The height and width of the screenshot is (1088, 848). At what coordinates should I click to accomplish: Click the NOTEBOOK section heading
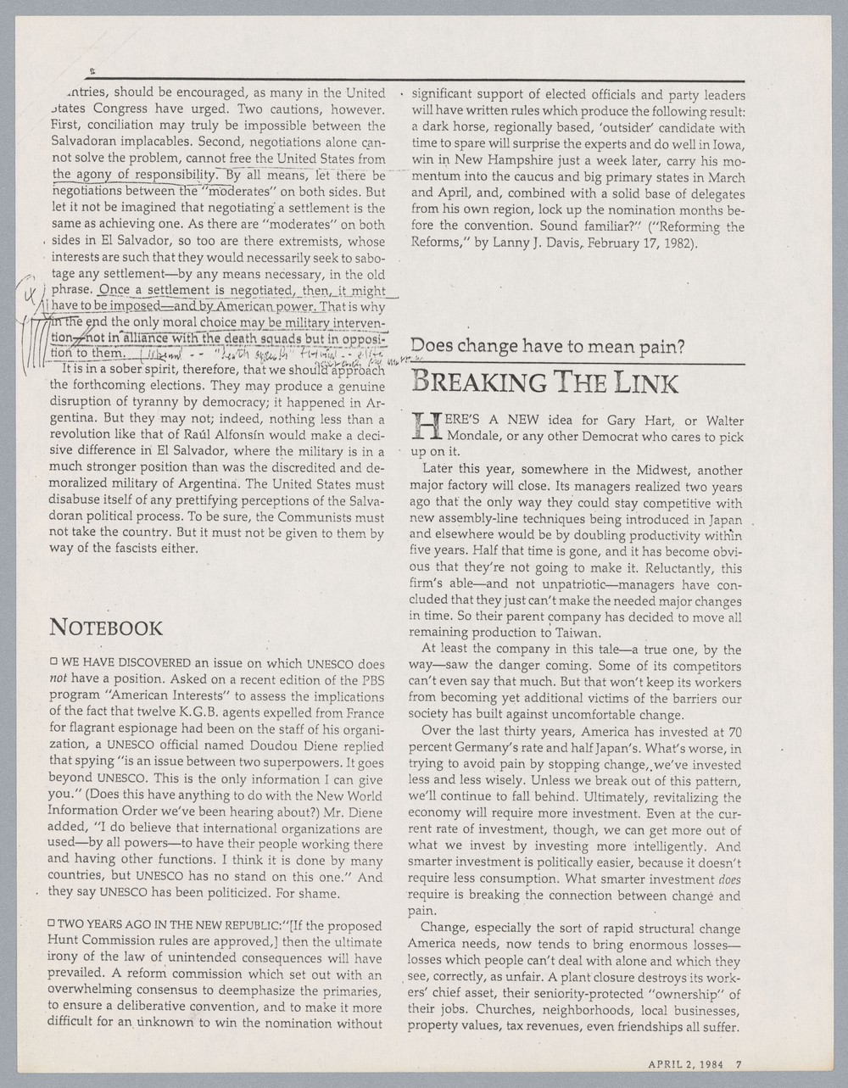106,628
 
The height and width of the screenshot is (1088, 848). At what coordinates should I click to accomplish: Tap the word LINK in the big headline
639,382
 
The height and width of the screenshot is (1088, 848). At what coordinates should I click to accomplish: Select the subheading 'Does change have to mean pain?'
548,346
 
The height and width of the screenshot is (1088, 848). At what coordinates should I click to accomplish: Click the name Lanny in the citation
555,243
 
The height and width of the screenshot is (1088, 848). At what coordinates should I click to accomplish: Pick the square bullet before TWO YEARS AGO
53,925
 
